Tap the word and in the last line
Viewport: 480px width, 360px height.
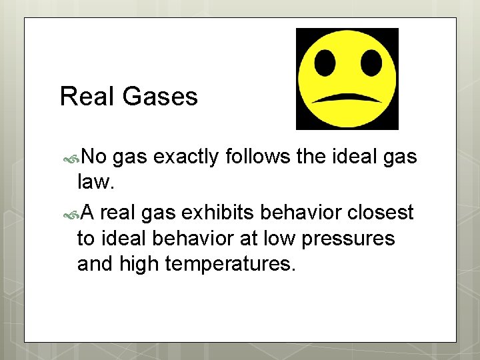click(95, 264)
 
